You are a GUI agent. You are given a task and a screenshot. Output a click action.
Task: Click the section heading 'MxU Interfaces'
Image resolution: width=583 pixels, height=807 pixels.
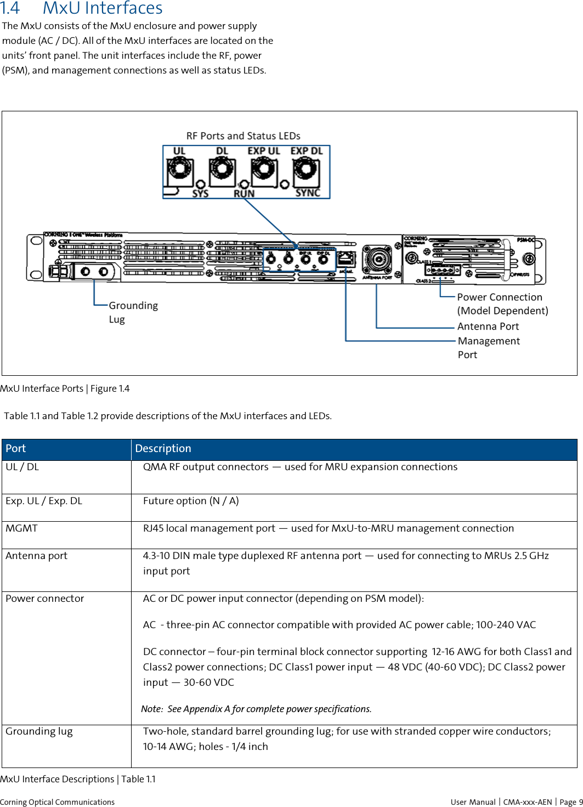coord(102,9)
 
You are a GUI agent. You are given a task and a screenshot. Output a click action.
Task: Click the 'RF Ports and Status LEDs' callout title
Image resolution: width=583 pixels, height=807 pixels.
coord(243,136)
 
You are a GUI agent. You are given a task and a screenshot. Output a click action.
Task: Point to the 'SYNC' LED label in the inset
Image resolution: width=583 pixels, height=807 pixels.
coord(307,193)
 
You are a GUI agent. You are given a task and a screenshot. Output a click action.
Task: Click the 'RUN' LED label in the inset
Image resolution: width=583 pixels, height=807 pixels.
coord(244,193)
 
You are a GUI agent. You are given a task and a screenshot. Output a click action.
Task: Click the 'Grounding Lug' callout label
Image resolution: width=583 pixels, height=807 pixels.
coord(133,312)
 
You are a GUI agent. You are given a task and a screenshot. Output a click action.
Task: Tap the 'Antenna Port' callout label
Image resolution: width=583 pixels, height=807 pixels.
coord(488,326)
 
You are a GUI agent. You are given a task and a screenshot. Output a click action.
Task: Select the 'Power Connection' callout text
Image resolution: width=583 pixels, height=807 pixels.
coord(499,297)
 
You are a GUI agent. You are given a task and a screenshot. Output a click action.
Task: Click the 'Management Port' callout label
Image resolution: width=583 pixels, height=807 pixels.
coord(488,347)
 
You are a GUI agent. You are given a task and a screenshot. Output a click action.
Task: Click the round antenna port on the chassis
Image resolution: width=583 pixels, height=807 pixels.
coord(377,259)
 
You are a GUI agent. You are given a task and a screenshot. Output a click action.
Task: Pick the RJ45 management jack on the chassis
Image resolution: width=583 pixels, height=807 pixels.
coord(346,258)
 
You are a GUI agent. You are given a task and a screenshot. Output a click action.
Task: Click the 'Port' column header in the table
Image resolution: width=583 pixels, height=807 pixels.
coord(16,449)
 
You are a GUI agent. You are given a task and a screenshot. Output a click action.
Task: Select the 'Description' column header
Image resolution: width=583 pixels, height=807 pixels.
coord(163,449)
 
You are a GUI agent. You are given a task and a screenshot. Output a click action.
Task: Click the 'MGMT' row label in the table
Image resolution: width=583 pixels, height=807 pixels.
coord(22,528)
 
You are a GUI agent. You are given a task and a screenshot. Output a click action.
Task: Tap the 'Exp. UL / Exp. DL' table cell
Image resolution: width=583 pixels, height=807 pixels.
coord(44,501)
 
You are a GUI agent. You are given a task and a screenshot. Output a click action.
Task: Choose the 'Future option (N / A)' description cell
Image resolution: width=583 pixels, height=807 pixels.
coord(191,501)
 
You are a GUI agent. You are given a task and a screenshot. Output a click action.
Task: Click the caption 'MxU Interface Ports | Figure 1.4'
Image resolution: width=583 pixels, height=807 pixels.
coord(65,388)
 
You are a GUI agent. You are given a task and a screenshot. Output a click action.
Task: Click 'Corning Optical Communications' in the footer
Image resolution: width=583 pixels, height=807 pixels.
coord(57,802)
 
